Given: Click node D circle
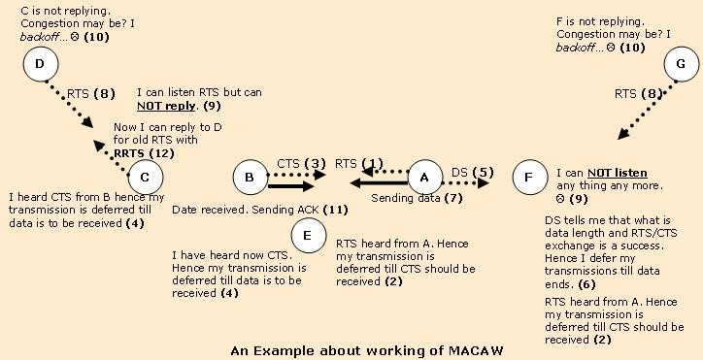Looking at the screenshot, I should point(39,65).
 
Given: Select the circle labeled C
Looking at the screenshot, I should point(145,177).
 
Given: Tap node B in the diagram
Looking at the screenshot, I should point(250,177).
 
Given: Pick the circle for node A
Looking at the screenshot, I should point(423,177).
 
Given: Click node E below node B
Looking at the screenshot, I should point(308,234).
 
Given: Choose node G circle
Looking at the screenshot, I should point(681,65).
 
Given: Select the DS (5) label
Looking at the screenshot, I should point(472,172).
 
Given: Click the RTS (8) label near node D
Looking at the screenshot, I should point(91,93).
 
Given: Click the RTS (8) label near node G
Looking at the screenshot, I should point(640,94).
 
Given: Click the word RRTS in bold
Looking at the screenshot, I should point(128,152).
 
